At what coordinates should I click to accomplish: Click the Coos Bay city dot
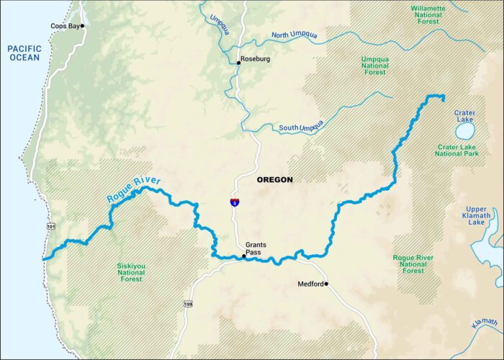coord(83,26)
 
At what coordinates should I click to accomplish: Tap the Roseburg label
coord(255,59)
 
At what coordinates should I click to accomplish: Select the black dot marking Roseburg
coord(239,63)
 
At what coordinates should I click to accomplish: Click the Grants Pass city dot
coord(243,256)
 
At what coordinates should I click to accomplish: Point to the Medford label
coord(310,284)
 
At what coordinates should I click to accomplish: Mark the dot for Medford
coord(326,284)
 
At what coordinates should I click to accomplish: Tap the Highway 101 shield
coord(50,228)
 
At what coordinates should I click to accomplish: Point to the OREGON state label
coord(274,180)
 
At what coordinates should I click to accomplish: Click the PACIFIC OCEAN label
coord(24,53)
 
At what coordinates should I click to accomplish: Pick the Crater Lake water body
coord(464,131)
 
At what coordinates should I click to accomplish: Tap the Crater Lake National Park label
coord(464,150)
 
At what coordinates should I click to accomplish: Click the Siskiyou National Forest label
coord(131,271)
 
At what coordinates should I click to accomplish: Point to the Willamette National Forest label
coord(428,15)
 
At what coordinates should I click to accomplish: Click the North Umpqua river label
coord(299,35)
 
